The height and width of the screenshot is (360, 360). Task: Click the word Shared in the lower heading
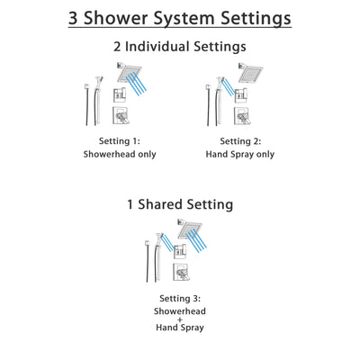coord(180,204)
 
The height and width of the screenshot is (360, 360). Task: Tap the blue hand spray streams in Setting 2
coord(230,87)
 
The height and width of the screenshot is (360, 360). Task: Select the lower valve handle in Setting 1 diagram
coord(120,115)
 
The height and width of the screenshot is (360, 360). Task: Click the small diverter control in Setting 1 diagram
coord(119,94)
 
